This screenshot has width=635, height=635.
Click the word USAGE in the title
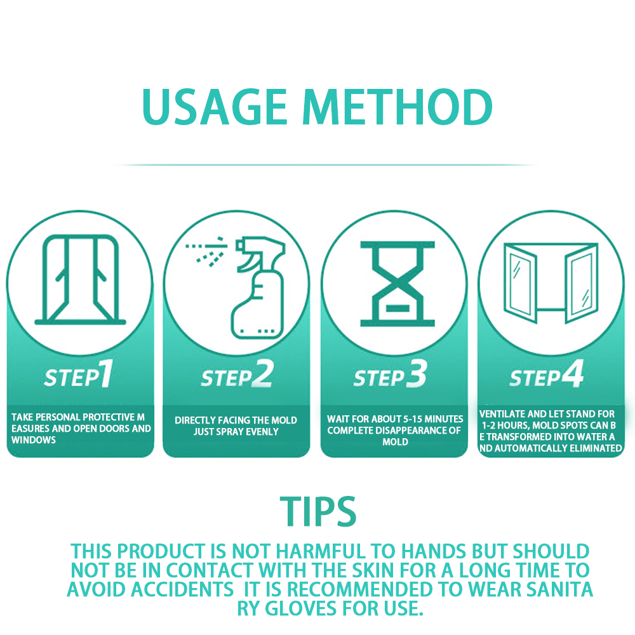click(x=215, y=107)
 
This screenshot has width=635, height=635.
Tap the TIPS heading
click(x=318, y=511)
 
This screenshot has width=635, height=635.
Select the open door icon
click(x=80, y=279)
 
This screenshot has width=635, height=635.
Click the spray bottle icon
click(x=259, y=288)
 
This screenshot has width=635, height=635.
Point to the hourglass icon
click(x=398, y=284)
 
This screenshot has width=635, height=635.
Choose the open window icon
click(x=551, y=283)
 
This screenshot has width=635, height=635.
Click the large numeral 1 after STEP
click(x=106, y=373)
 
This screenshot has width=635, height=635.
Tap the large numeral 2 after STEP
click(x=262, y=374)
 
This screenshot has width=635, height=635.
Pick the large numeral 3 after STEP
click(x=417, y=374)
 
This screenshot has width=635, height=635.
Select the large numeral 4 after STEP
click(x=573, y=373)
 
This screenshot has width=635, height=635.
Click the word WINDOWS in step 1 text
click(x=34, y=440)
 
